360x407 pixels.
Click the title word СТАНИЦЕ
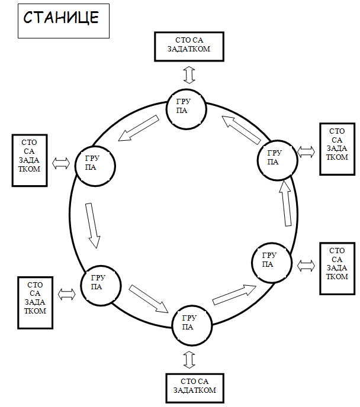[60, 18]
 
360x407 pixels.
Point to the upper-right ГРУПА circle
[275, 158]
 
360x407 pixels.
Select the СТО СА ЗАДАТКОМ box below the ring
[195, 386]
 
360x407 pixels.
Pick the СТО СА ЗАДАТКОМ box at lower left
[36, 302]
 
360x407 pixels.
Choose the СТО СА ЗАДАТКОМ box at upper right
[337, 148]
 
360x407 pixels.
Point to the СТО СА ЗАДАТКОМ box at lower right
[337, 268]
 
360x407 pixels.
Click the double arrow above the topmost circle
[188, 75]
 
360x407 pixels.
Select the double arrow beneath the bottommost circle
[190, 359]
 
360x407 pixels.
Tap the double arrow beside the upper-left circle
[61, 164]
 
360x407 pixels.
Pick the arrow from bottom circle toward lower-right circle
[234, 293]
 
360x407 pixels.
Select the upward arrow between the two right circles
[287, 203]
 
